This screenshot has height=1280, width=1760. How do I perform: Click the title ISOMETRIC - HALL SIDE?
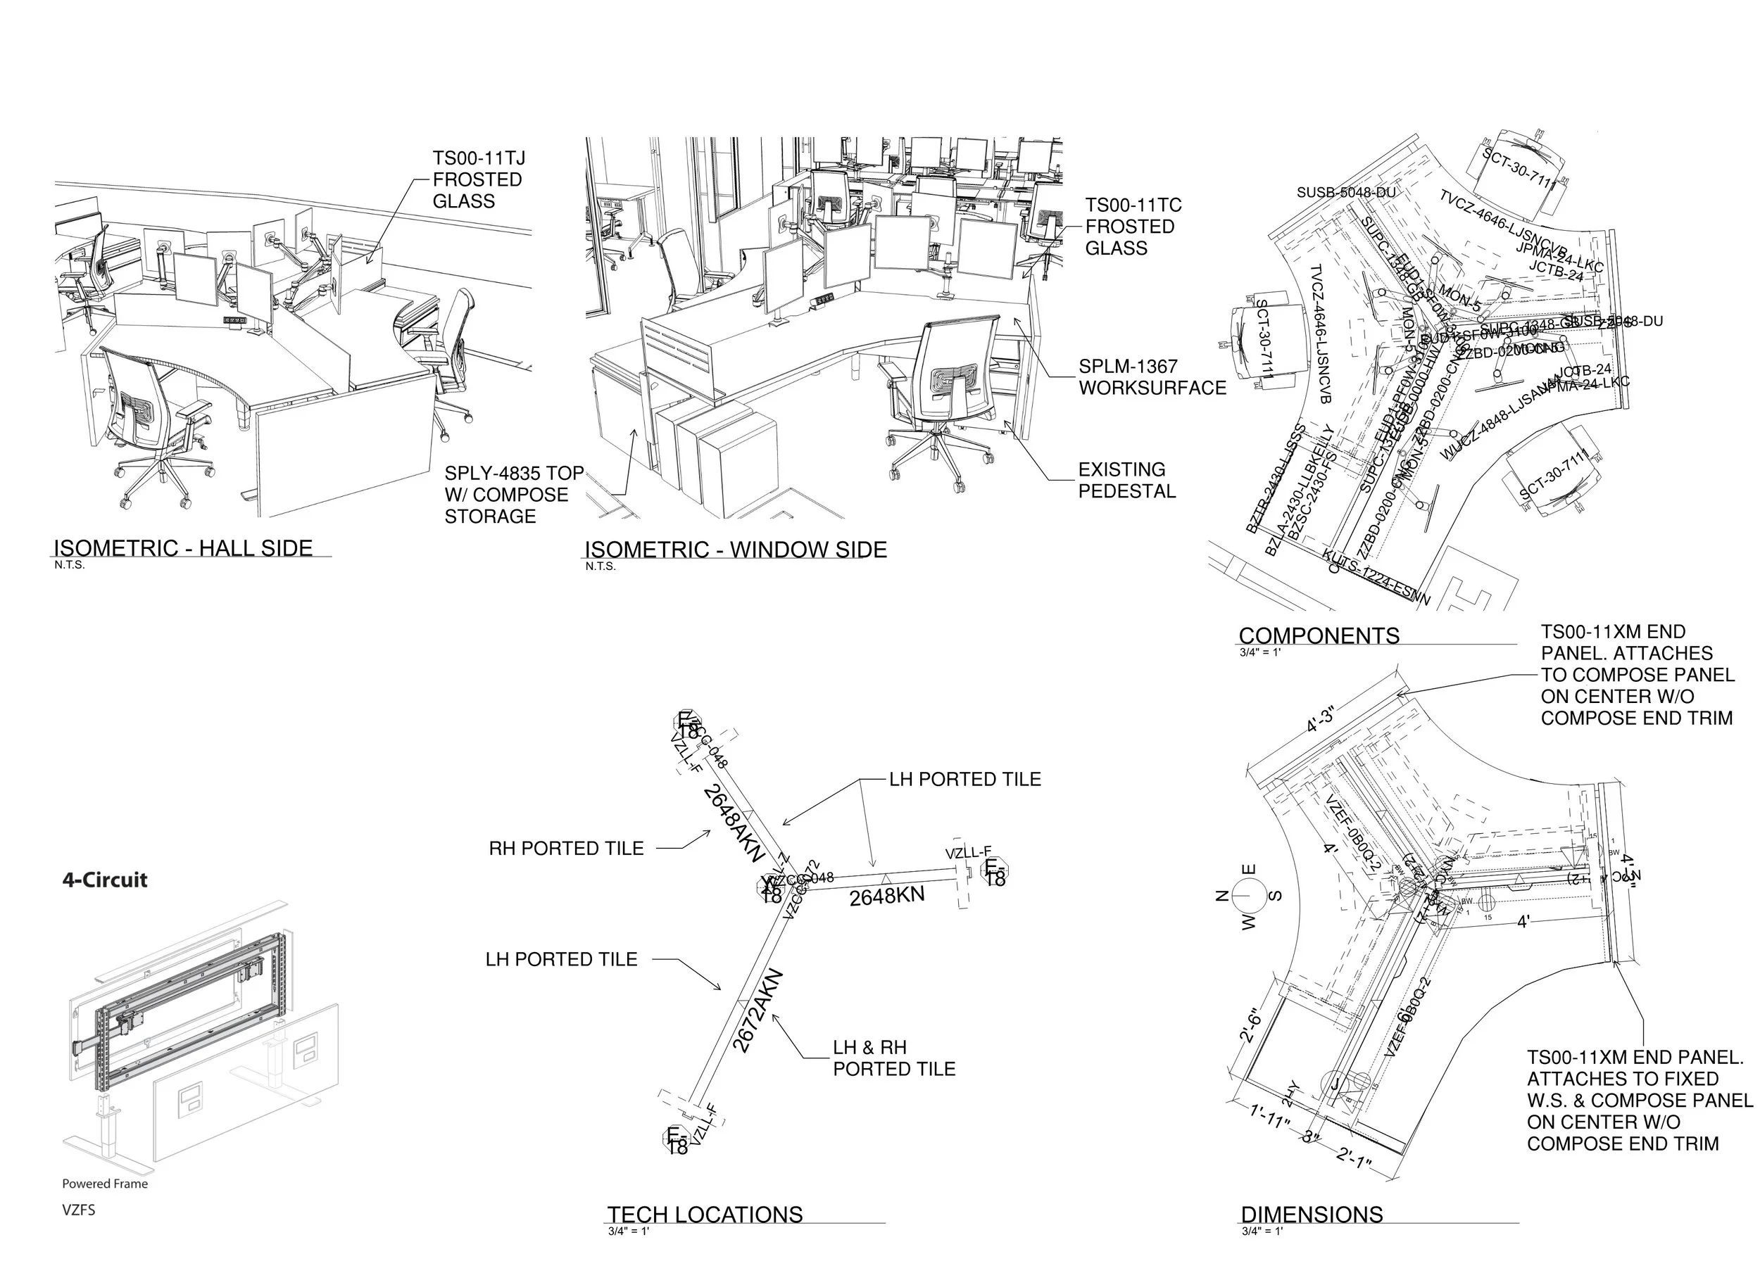(183, 547)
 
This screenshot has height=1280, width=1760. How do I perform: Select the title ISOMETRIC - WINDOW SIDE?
(735, 550)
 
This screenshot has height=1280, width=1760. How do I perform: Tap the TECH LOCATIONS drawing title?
(704, 1214)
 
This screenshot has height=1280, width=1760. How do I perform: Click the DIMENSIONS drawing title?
(1312, 1214)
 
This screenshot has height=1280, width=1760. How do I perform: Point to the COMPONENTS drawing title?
(1319, 635)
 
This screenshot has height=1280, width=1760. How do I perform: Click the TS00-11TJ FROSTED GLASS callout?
(478, 179)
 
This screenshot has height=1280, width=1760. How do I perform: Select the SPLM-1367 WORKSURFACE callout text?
(1152, 377)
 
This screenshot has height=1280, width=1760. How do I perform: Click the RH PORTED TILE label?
(566, 849)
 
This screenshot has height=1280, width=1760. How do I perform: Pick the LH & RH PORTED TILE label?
(893, 1058)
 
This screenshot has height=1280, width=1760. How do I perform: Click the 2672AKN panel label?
(758, 1010)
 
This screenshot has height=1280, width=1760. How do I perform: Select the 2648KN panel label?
(886, 896)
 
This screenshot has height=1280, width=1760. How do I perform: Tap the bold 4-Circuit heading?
(105, 880)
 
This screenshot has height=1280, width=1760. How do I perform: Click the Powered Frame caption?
(105, 1184)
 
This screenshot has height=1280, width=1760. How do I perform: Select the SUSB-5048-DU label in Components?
(1345, 192)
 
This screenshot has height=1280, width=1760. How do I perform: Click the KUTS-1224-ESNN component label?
(1376, 576)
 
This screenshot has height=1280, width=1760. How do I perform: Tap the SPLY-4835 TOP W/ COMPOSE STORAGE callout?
(513, 495)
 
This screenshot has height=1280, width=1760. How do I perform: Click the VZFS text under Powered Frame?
(78, 1210)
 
